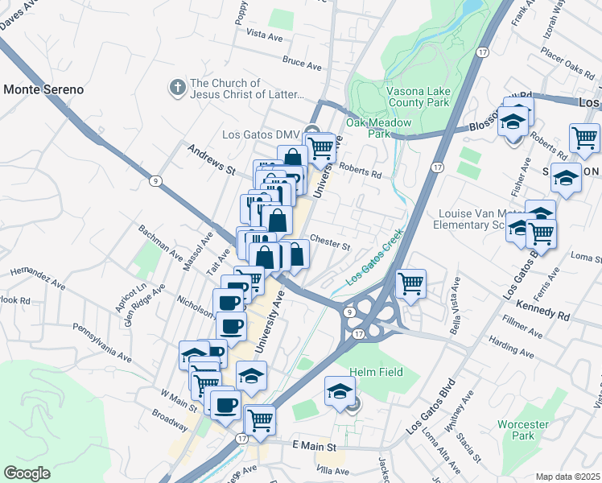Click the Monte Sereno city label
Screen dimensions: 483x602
tap(43, 89)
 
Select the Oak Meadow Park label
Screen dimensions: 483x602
tap(378, 129)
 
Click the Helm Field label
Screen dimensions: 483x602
tap(376, 372)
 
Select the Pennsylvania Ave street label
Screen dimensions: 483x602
tap(101, 342)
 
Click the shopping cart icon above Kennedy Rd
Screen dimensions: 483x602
tap(411, 283)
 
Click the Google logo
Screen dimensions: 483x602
tap(27, 473)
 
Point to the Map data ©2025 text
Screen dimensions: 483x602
tap(568, 477)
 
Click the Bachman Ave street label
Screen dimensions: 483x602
tap(159, 243)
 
